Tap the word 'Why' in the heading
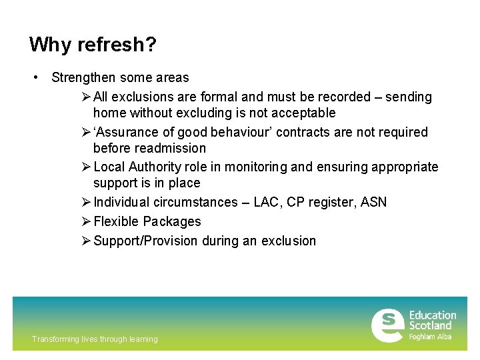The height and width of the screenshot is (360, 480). pos(51,45)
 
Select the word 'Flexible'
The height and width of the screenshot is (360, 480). pos(117,221)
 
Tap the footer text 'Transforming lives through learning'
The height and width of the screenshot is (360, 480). pos(95,339)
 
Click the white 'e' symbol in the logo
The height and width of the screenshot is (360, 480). pos(387,325)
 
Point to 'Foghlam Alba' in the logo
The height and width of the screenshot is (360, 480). pos(430,337)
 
